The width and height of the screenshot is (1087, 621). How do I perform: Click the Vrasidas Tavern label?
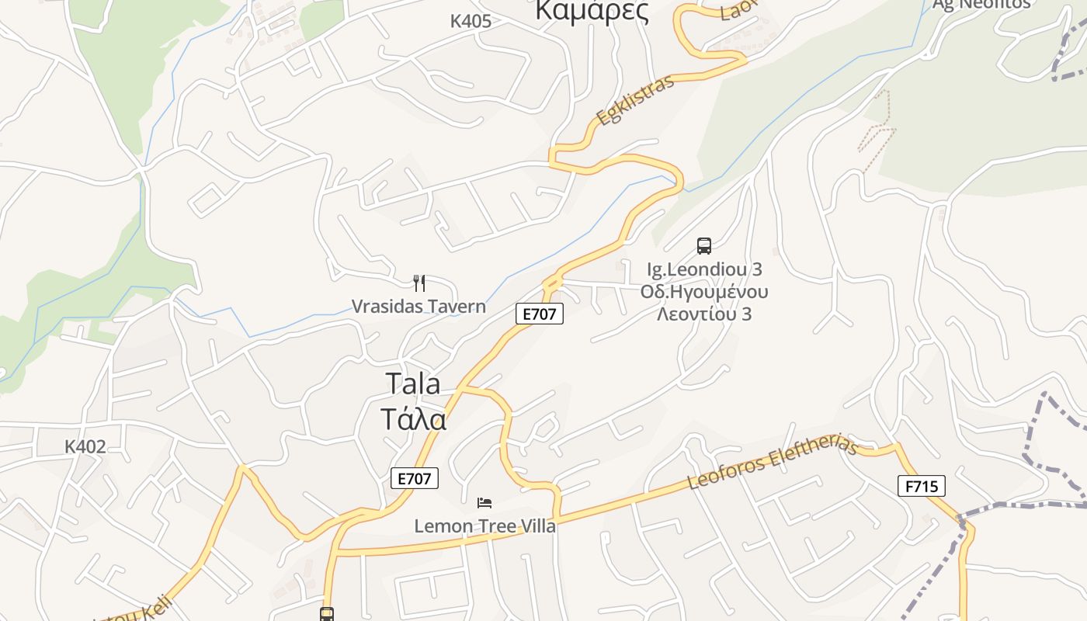point(418,307)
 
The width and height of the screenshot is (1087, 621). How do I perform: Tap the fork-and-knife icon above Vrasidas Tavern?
point(419,283)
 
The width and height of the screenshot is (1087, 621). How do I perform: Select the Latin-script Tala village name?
point(412,383)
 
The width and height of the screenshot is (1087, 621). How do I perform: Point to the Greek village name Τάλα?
point(413,419)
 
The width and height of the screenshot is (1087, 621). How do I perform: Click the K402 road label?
point(85,447)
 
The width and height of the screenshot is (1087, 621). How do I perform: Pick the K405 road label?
point(471,22)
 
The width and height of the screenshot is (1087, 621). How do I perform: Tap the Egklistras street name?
point(635,101)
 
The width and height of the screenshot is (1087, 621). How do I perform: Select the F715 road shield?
point(922,487)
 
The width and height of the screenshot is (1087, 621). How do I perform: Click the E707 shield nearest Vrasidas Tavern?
point(540,314)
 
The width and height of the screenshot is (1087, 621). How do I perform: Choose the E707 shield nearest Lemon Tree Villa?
point(414,478)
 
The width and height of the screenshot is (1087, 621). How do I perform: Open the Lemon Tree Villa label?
point(484,526)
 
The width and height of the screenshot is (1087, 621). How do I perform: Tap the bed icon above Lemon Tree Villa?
point(484,503)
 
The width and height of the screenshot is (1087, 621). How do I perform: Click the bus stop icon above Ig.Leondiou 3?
point(704,246)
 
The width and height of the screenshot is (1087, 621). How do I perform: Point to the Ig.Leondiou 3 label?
point(704,269)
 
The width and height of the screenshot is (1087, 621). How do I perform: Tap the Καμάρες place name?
point(592,11)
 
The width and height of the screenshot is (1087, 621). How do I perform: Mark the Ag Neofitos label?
point(981,5)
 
